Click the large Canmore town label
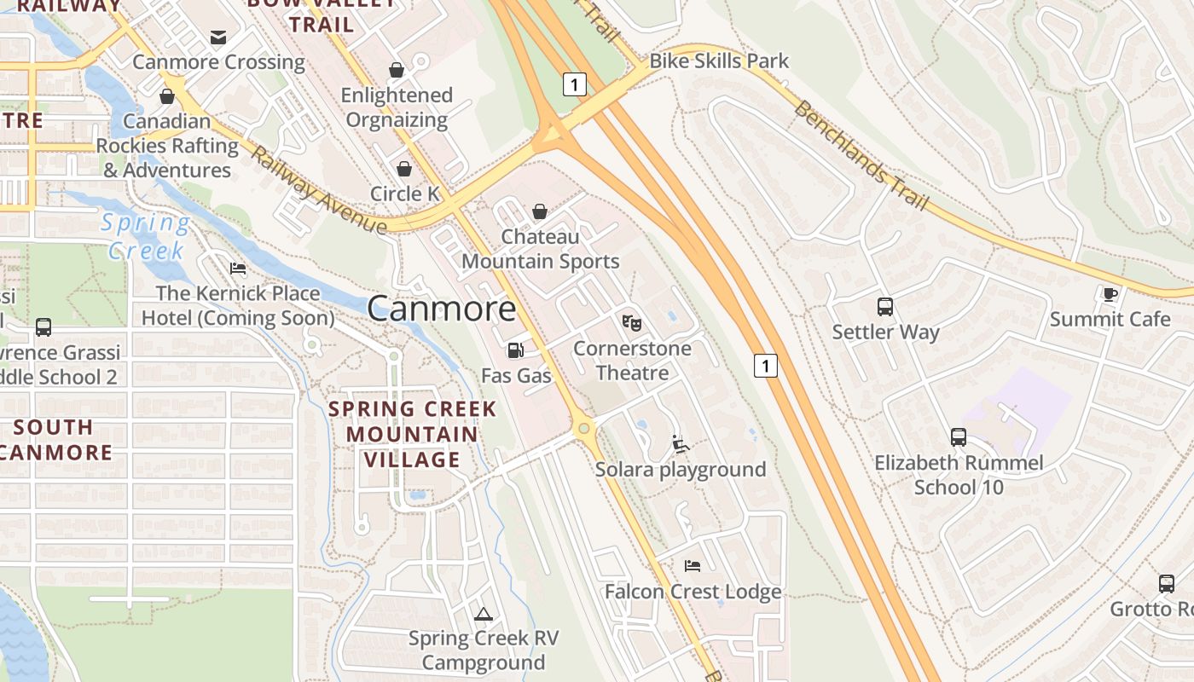tap(442, 309)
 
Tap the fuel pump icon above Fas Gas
tap(515, 350)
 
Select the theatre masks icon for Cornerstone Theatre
tap(631, 322)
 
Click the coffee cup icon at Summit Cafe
tap(1109, 294)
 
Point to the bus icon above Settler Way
tap(885, 307)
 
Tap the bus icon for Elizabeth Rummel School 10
tap(959, 437)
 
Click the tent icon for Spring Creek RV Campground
tap(484, 613)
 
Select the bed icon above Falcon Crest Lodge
tap(693, 566)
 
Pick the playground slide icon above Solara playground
tap(680, 443)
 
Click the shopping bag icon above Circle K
tap(404, 169)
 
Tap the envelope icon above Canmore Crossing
tap(218, 37)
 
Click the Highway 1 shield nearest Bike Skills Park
tap(575, 84)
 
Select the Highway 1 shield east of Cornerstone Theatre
tap(766, 366)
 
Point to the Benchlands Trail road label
tap(860, 156)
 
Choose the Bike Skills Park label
tap(719, 61)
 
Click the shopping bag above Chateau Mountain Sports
tap(539, 211)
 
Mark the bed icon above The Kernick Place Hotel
tap(238, 268)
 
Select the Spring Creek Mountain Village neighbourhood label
tap(413, 434)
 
